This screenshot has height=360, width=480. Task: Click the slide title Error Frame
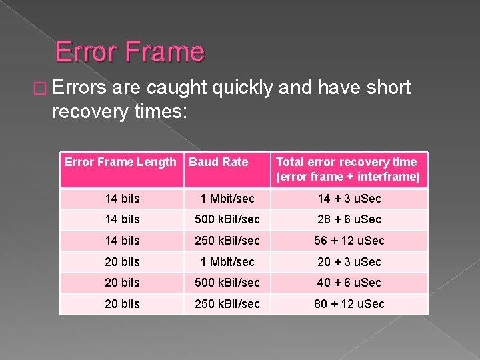(x=129, y=51)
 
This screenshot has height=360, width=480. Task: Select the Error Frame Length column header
(x=120, y=162)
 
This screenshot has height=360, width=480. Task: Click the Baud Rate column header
(x=218, y=162)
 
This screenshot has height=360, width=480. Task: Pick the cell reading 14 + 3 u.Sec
(x=349, y=199)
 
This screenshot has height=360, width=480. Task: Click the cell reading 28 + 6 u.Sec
(x=349, y=219)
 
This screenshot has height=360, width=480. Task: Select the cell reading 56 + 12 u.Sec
(x=349, y=241)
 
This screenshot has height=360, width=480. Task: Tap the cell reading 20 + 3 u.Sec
(x=349, y=262)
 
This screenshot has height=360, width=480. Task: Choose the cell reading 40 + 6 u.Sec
(x=349, y=283)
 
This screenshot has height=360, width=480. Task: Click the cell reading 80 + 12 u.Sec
(x=349, y=304)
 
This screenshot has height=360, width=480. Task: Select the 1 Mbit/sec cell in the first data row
(x=227, y=199)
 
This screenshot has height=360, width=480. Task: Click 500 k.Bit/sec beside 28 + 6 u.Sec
(x=227, y=219)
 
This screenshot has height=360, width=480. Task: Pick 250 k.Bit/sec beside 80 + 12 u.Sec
(x=227, y=304)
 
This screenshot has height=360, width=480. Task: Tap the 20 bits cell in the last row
(x=123, y=304)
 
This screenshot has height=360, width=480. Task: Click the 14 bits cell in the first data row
(x=123, y=199)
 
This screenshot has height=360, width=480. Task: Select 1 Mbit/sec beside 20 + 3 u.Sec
(x=227, y=262)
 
